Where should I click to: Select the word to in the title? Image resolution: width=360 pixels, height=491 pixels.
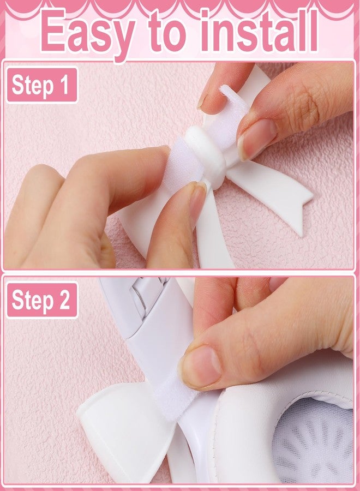point(168,32)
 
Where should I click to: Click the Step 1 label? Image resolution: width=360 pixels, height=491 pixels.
point(42,85)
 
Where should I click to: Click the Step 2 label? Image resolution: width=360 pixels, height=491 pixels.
point(42,300)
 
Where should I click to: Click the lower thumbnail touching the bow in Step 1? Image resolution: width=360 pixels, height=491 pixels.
point(197,200)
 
